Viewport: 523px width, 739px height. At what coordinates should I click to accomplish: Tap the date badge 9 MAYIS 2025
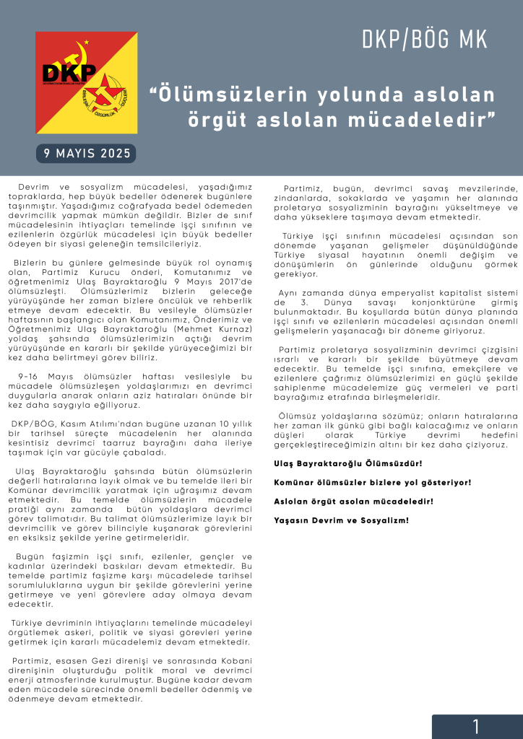87,153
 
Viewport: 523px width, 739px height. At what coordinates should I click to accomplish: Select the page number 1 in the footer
476,727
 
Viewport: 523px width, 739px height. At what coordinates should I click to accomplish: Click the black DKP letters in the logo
69,74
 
